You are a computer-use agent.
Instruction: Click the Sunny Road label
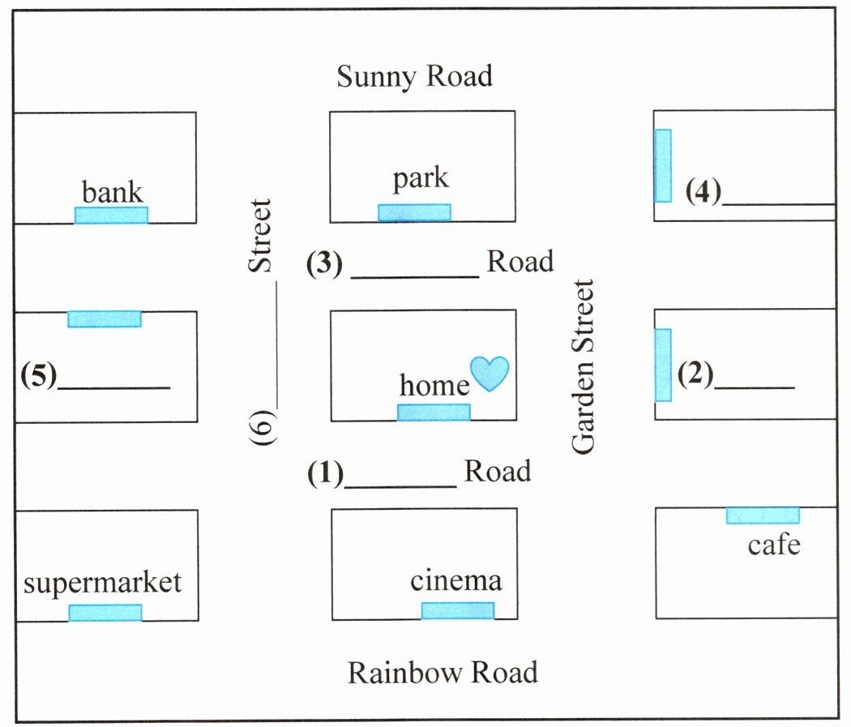pos(415,76)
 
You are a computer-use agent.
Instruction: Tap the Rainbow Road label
pos(443,672)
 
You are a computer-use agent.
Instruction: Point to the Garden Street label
pos(584,367)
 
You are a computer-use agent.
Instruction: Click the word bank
pos(112,191)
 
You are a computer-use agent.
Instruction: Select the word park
pos(421,178)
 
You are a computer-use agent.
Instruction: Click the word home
pos(434,385)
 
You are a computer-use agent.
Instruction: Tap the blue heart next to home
pos(490,374)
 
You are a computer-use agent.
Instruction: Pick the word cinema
pos(455,580)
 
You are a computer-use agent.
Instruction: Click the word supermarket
pos(102,583)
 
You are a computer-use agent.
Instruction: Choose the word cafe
pos(774,545)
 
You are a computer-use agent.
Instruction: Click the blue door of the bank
pos(111,215)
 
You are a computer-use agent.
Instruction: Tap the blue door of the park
pos(414,212)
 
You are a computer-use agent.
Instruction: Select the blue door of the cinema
pos(458,610)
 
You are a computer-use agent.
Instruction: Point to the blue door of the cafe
pos(763,515)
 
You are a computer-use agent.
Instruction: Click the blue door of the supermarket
pos(105,613)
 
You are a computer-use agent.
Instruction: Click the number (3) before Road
pos(324,263)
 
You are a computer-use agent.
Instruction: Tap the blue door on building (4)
pos(663,165)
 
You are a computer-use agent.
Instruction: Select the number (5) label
pos(39,375)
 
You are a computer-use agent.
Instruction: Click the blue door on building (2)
pos(663,366)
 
